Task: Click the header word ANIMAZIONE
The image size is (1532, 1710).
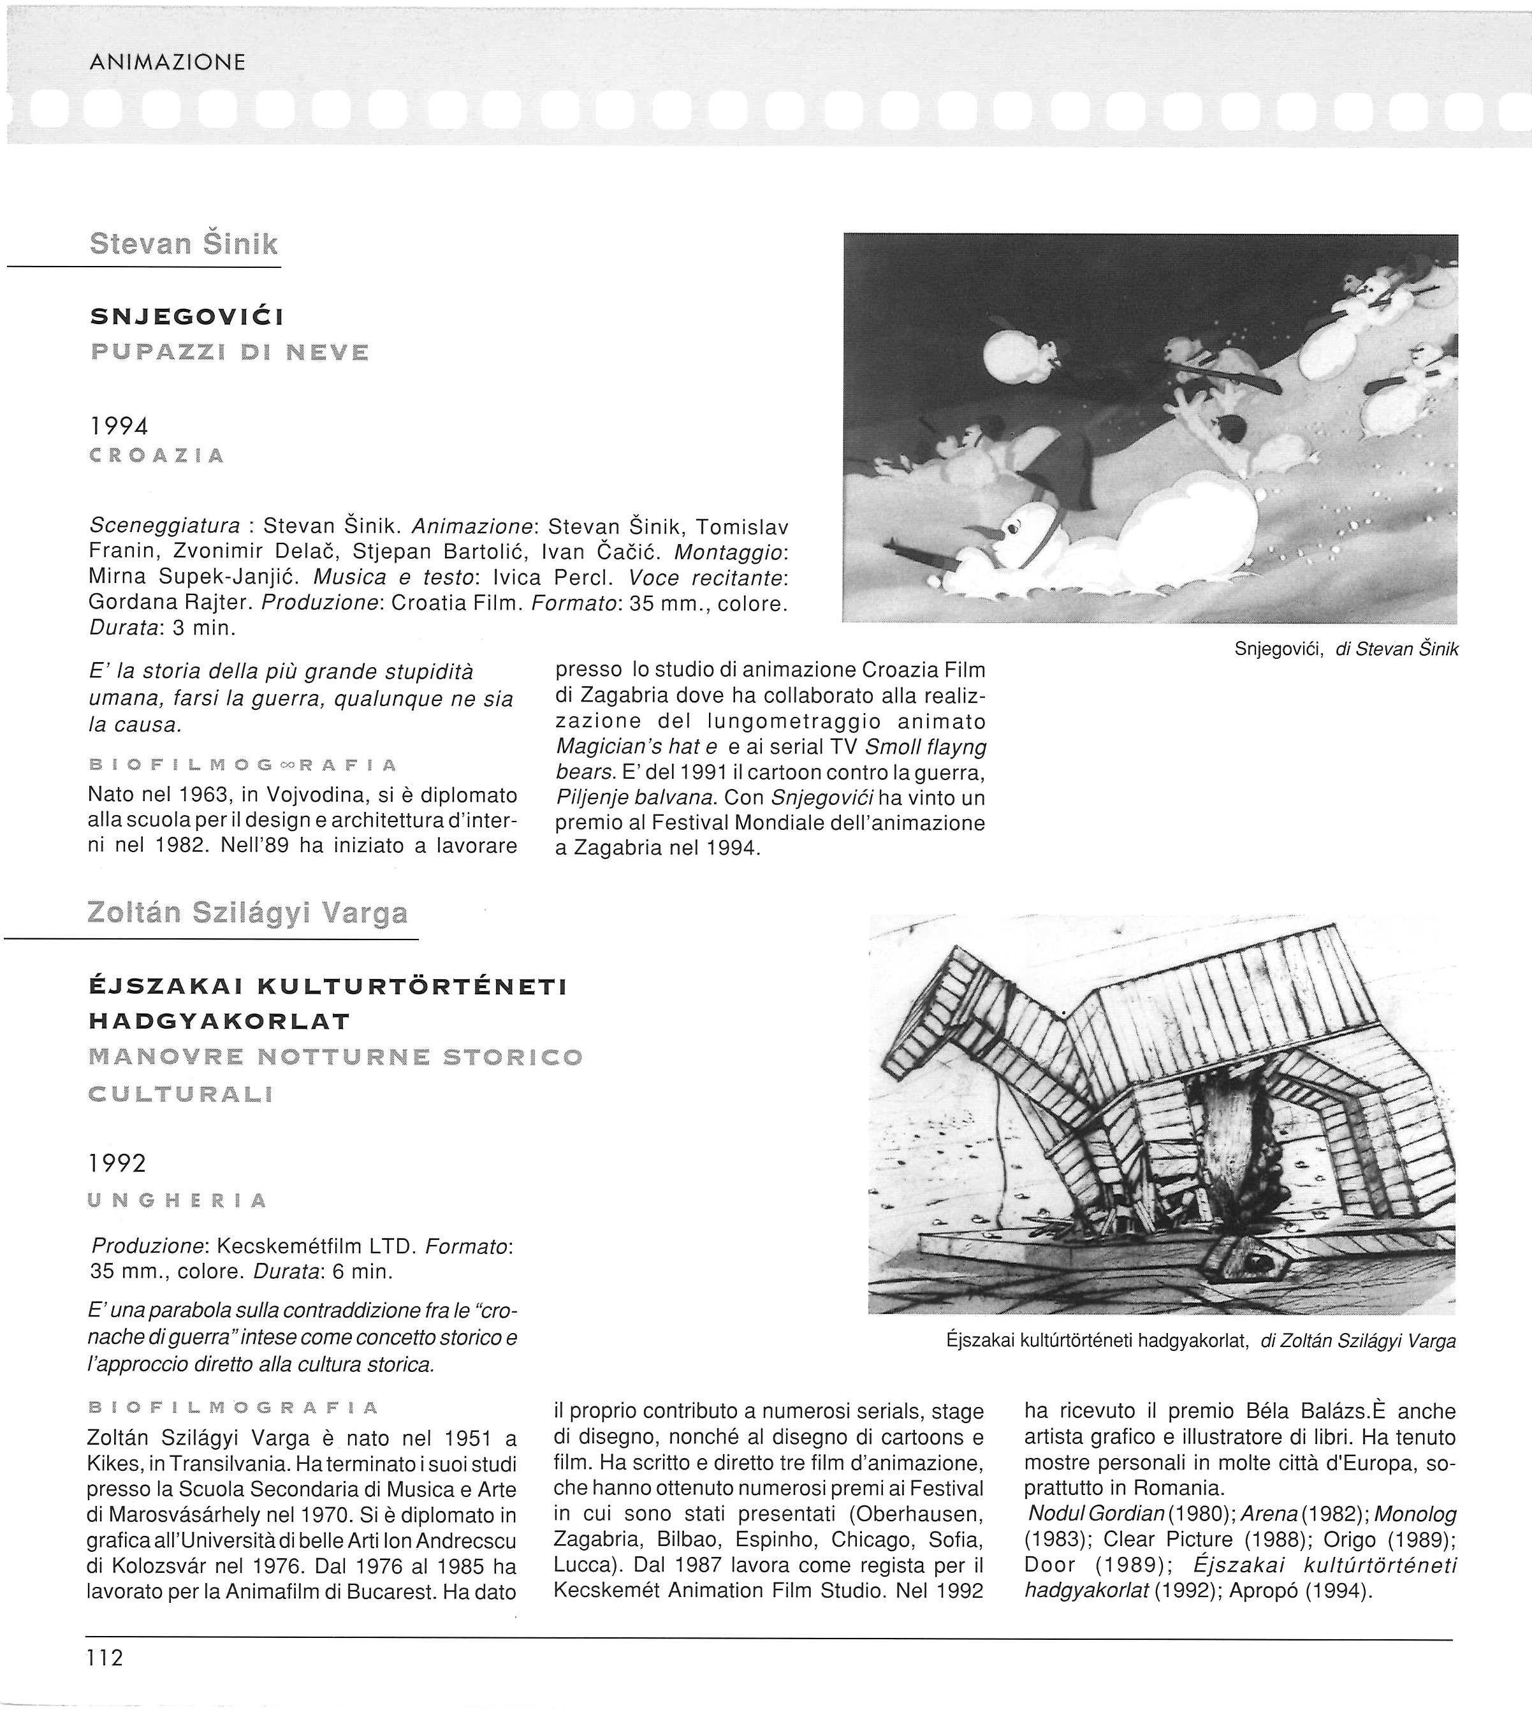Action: coord(166,61)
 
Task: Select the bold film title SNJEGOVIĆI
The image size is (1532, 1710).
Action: coord(187,316)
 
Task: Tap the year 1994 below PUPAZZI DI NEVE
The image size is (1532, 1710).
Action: coord(119,426)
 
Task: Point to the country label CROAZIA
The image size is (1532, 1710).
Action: coord(157,456)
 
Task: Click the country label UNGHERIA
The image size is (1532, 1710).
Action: coord(177,1200)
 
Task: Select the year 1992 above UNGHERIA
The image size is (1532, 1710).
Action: coord(117,1163)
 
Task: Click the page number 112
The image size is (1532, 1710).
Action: coord(105,1658)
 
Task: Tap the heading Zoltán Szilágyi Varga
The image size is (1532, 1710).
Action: coord(247,913)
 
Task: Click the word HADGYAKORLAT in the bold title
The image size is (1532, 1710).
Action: coord(219,1022)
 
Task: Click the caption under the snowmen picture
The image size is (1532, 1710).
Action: coord(1346,649)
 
